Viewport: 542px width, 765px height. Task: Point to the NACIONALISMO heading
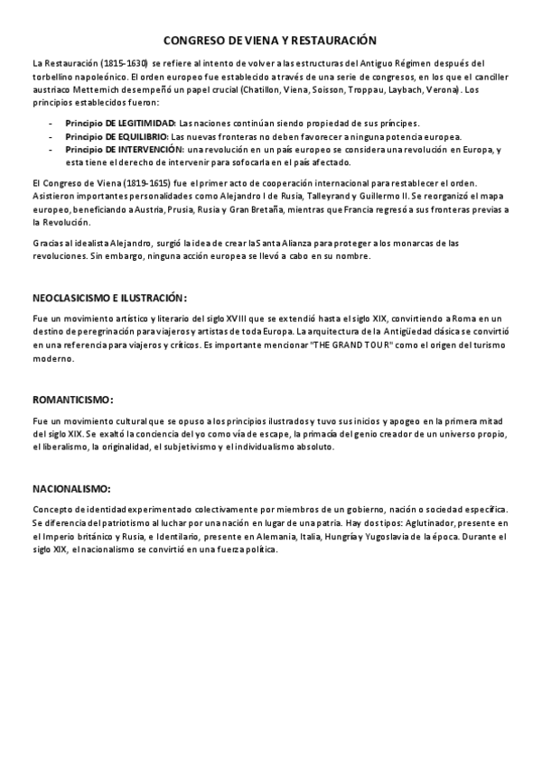point(70,488)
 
